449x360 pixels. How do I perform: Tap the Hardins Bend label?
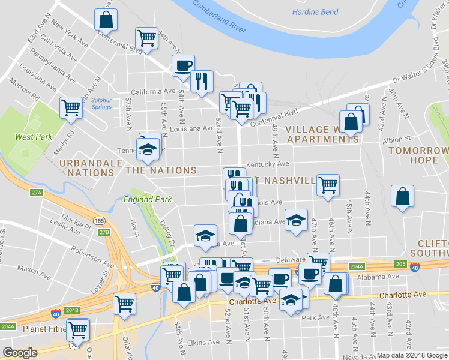[315, 12]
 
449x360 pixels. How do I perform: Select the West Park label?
[34, 137]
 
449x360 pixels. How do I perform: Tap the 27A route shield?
[37, 193]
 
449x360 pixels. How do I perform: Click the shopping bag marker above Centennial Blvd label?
[106, 20]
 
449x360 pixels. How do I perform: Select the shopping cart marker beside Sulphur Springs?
[71, 108]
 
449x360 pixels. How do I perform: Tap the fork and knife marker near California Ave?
[202, 80]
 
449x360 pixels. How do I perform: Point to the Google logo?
[20, 353]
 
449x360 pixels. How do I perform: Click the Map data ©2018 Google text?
[411, 355]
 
